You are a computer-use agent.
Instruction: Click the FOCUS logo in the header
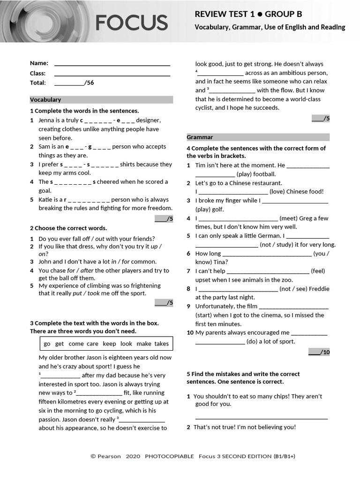click(131, 22)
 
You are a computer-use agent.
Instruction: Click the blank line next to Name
click(112, 64)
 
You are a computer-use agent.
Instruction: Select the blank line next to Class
click(112, 74)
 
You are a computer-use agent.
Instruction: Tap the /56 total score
click(89, 83)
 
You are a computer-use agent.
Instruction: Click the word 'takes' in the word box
click(161, 344)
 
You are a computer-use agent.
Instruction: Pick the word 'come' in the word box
click(76, 344)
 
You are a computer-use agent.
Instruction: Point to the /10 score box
click(319, 352)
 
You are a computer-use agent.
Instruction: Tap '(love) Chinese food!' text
click(297, 192)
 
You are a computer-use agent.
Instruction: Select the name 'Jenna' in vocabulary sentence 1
click(47, 120)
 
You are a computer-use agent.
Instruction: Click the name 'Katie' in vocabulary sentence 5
click(47, 200)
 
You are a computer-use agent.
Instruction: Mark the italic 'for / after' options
click(81, 270)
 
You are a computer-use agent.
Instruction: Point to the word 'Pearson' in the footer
click(109, 456)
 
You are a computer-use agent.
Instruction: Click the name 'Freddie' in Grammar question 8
click(319, 289)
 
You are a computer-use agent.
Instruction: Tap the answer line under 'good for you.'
click(261, 418)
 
